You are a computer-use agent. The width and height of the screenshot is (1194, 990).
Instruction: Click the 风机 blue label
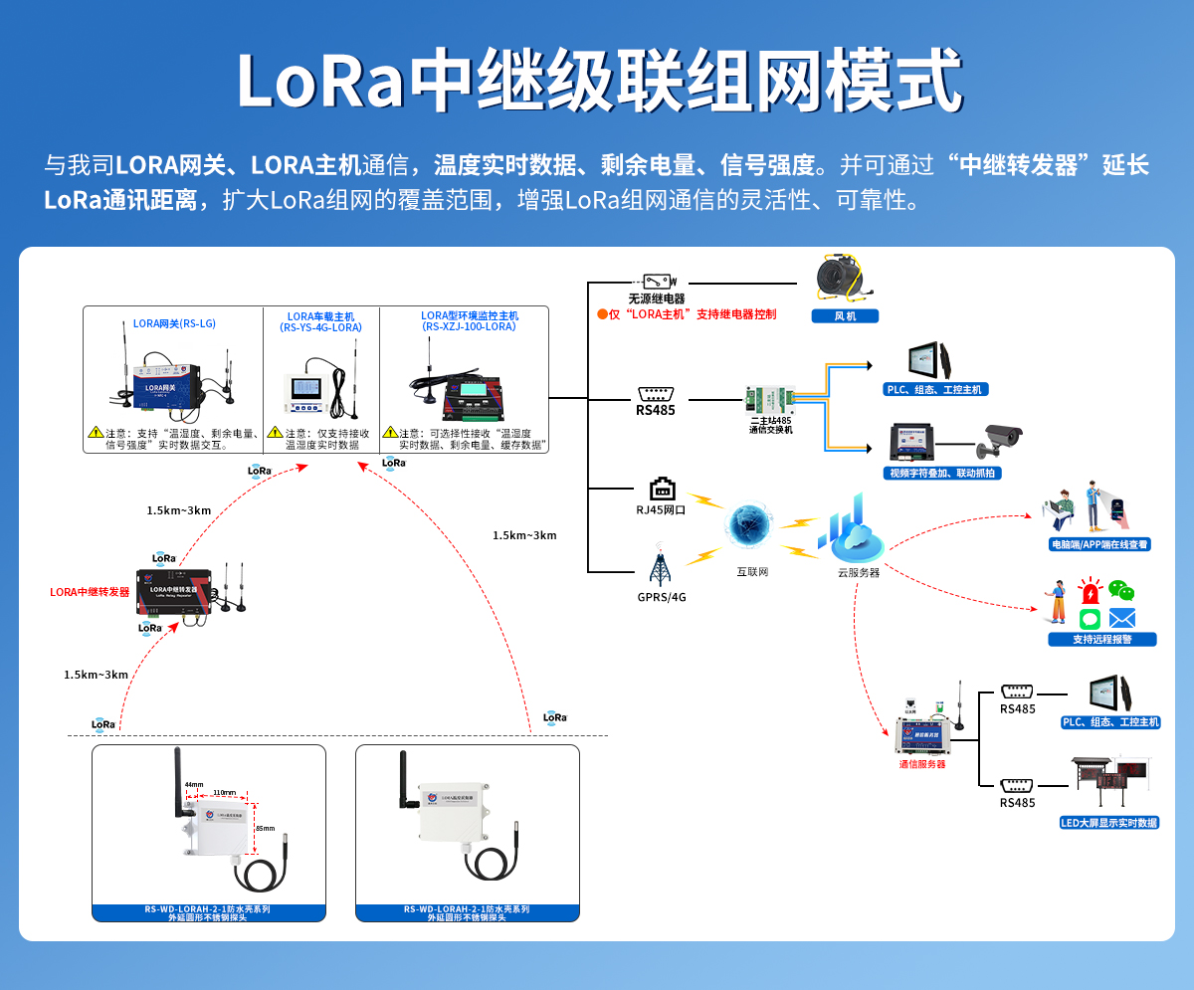pos(845,316)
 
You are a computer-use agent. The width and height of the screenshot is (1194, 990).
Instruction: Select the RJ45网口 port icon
pos(662,489)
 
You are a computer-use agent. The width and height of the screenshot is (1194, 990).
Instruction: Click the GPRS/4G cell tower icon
pos(660,565)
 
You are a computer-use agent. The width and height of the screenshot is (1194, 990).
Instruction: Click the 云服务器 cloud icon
pos(852,533)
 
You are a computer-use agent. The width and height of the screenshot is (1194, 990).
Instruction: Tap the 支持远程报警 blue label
pos(1101,639)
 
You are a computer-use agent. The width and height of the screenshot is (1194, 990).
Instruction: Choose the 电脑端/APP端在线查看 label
pos(1099,544)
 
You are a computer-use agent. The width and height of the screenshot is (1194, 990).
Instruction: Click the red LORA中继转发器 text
pos(91,592)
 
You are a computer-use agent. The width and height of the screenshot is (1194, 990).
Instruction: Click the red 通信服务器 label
pos(921,764)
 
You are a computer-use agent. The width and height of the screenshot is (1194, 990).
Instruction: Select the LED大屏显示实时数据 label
pos(1109,823)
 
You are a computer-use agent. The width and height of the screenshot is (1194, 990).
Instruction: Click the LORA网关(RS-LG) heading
pos(174,323)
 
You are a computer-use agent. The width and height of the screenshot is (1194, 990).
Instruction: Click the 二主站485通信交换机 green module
pos(771,399)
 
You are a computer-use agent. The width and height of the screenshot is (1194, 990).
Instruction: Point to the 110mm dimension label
pos(225,793)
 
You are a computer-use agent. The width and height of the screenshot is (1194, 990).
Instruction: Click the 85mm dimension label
pos(265,828)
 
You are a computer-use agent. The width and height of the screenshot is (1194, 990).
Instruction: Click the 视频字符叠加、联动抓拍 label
pos(942,474)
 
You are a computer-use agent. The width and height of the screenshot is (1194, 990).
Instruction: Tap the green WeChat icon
pos(1121,591)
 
